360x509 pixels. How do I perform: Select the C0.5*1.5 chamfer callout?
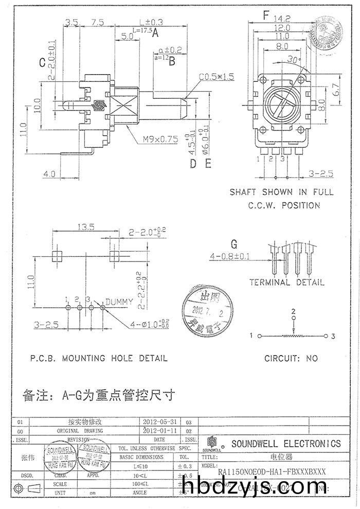pyautogui.click(x=217, y=77)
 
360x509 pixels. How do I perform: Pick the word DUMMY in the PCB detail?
pyautogui.click(x=119, y=301)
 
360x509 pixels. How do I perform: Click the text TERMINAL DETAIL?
pyautogui.click(x=286, y=282)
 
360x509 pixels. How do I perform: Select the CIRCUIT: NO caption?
pyautogui.click(x=291, y=358)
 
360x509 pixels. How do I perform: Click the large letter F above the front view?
pyautogui.click(x=266, y=15)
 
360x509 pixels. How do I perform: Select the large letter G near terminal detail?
pyautogui.click(x=235, y=243)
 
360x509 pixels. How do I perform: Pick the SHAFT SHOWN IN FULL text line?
pyautogui.click(x=281, y=192)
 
